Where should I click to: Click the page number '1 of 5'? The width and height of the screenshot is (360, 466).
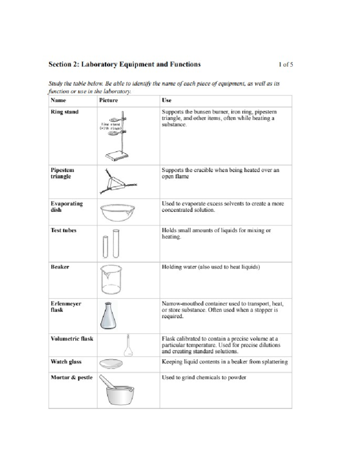point(285,64)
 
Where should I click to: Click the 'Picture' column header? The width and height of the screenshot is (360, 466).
point(108,101)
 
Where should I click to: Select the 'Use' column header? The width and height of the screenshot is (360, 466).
point(166,101)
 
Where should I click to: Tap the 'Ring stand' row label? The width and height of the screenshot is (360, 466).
point(64,112)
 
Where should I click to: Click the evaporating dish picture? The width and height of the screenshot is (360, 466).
point(117,212)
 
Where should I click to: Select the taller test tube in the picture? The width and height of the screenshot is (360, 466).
point(116,243)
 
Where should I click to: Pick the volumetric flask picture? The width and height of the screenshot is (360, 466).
point(128,346)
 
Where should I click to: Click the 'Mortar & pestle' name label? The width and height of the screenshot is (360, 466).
point(71,377)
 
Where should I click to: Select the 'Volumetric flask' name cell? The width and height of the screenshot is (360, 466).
point(72,339)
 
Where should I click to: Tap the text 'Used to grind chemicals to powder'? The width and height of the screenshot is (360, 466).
point(204,377)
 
